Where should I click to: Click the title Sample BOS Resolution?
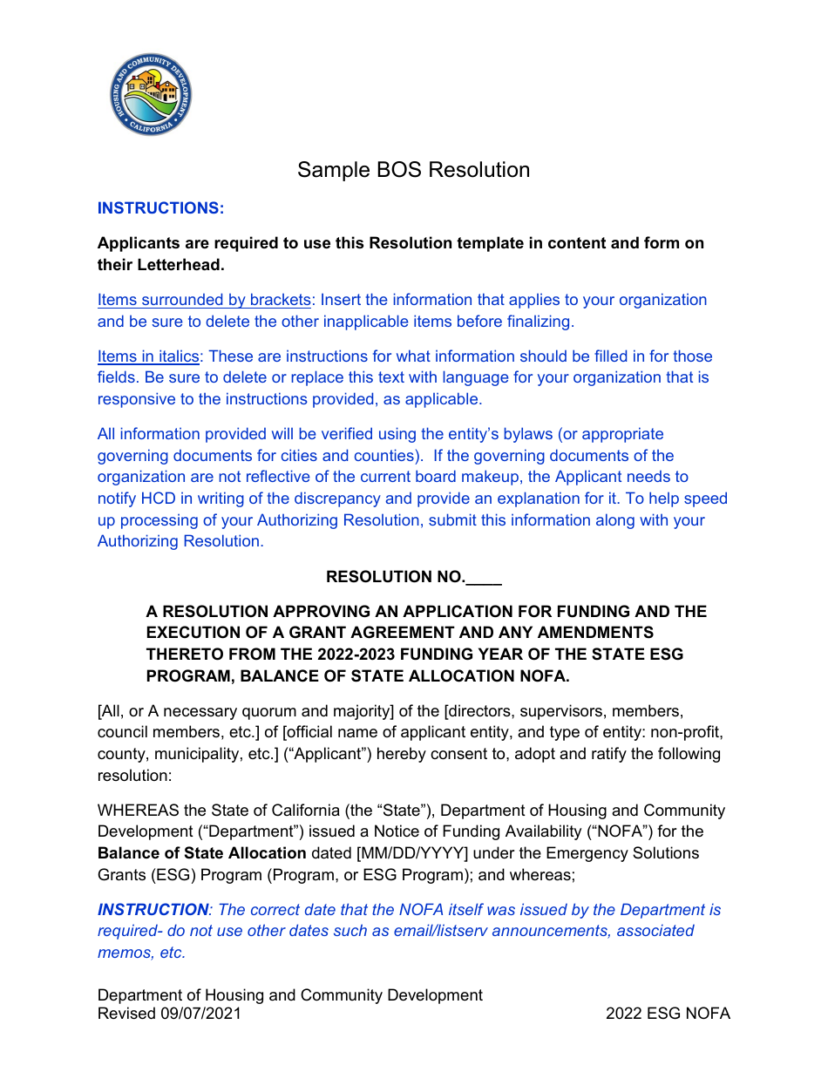point(413,170)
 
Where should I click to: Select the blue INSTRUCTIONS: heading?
point(160,208)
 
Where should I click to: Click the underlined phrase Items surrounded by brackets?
point(204,300)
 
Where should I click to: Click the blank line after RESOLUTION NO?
point(485,577)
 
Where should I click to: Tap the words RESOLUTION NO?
point(396,577)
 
